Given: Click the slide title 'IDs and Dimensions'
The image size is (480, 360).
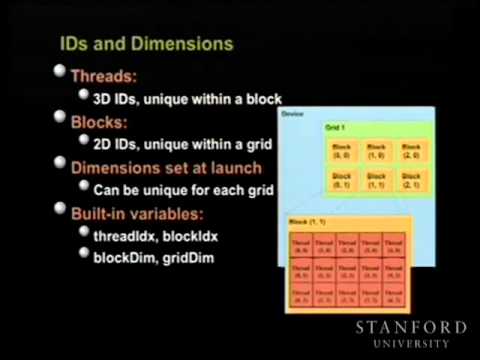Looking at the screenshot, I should (146, 45).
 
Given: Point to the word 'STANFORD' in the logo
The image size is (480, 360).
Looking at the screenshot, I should (411, 328).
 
